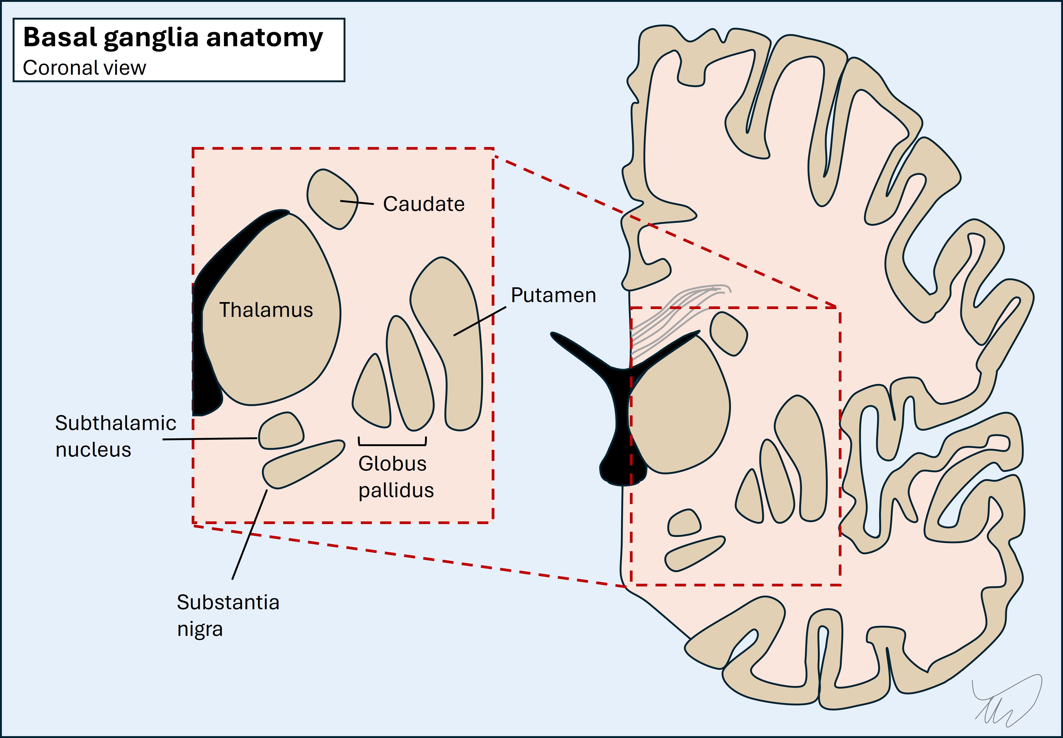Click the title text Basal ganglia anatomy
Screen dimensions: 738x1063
click(173, 38)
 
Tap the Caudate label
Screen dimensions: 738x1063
click(423, 204)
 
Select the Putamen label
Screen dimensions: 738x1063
click(553, 295)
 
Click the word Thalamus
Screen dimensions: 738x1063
click(266, 310)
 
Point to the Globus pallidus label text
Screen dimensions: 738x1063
click(395, 477)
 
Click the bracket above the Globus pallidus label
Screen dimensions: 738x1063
click(392, 445)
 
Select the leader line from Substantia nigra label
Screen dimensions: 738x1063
click(250, 534)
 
